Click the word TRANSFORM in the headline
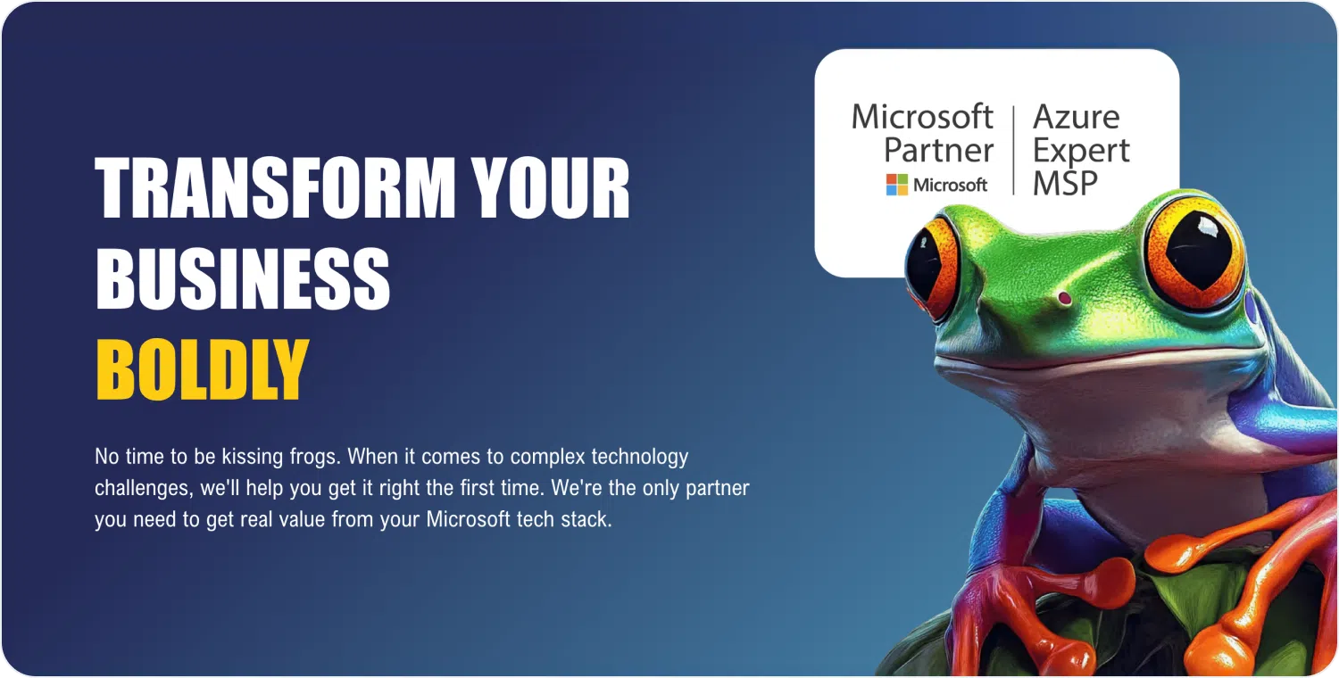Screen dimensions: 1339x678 [x=275, y=187]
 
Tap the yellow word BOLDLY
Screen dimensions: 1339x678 [x=203, y=369]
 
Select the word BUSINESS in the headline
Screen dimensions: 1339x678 [x=243, y=278]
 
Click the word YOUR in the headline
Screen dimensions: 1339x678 [x=550, y=187]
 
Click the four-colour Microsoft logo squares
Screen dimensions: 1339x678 [x=896, y=185]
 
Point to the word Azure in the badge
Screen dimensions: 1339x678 [x=1076, y=117]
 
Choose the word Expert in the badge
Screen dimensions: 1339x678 [x=1081, y=152]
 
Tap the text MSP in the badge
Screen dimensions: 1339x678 [x=1065, y=183]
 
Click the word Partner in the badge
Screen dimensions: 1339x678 [x=938, y=149]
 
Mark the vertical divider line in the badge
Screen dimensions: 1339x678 [x=1014, y=150]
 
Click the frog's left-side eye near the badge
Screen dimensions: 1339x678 [x=930, y=268]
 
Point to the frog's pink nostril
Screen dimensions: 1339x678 [x=1064, y=297]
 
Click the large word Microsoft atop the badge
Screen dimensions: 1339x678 [x=922, y=116]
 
